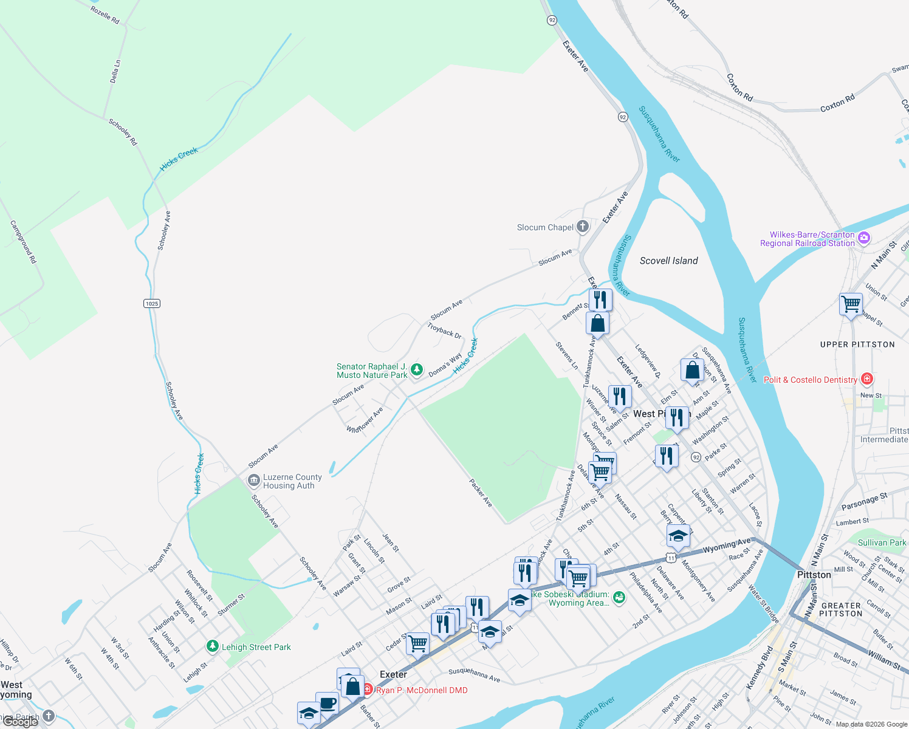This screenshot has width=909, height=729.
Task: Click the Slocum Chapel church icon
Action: [x=583, y=227]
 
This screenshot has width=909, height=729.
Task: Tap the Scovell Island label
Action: [x=668, y=261]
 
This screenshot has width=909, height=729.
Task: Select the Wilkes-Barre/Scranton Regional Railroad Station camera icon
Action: [x=864, y=238]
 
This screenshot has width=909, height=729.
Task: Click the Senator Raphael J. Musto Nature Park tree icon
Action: [x=416, y=369]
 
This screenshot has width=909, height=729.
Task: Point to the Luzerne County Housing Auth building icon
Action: [x=253, y=481]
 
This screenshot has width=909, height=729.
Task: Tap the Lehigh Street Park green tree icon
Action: [x=212, y=646]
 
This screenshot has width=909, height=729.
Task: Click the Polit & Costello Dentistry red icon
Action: [x=867, y=379]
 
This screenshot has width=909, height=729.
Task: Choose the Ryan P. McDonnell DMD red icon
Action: [x=368, y=690]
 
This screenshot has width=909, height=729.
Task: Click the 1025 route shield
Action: [x=152, y=303]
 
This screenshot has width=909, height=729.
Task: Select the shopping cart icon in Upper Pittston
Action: [x=851, y=303]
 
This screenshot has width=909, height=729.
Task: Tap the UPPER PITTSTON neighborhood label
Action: [x=857, y=344]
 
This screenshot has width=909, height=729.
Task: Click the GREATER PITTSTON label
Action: [x=841, y=609]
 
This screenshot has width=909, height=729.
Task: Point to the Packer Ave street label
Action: [x=480, y=493]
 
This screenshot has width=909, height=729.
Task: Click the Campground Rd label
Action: [x=23, y=242]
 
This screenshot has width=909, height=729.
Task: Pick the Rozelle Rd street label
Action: [x=105, y=15]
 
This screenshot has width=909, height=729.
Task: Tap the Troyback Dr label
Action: [x=444, y=330]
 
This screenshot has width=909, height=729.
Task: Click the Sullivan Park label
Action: [x=882, y=542]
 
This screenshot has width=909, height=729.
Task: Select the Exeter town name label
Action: [x=393, y=674]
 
